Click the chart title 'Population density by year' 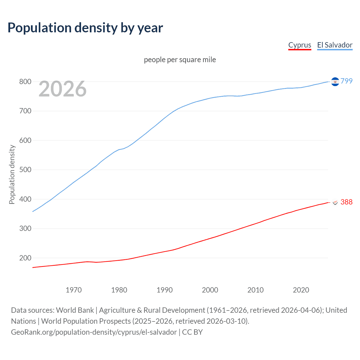click(x=85, y=28)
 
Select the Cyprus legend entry click(x=300, y=45)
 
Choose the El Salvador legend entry click(x=335, y=45)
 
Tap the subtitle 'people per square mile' click(x=180, y=60)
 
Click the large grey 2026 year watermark click(x=62, y=89)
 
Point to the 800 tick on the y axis click(x=25, y=82)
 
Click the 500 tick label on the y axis click(x=25, y=170)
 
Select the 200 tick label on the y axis click(x=25, y=258)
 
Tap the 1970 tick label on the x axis click(x=74, y=290)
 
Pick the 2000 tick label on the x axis click(x=210, y=290)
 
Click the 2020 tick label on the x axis click(x=301, y=290)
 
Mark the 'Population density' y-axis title click(x=12, y=174)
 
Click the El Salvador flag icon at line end click(x=335, y=82)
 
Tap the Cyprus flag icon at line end click(x=335, y=202)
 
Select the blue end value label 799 click(x=346, y=81)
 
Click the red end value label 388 click(x=346, y=202)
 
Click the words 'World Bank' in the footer click(x=75, y=310)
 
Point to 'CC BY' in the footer click(x=192, y=332)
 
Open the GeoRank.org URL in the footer click(x=94, y=332)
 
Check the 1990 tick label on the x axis click(x=165, y=290)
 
